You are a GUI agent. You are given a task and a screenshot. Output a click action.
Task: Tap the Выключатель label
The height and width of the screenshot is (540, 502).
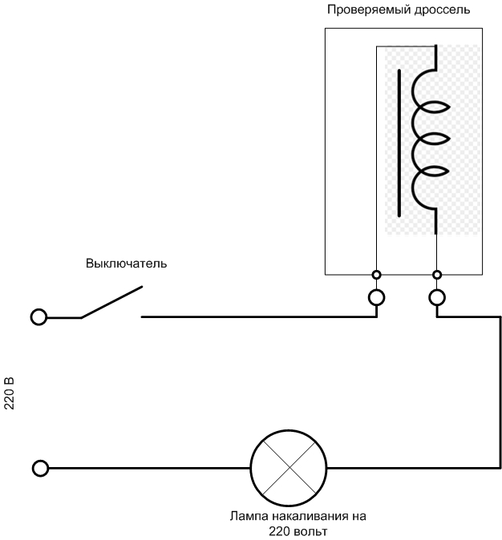127,264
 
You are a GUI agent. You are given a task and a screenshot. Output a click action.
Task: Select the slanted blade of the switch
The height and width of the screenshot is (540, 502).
111,302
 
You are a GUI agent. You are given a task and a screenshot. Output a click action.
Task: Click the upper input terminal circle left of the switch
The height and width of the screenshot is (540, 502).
38,317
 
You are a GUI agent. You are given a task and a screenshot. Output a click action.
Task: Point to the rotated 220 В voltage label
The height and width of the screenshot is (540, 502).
10,393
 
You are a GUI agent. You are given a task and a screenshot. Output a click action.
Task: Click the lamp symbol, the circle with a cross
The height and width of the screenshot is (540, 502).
289,468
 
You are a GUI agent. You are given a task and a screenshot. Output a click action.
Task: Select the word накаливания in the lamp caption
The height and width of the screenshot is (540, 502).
315,516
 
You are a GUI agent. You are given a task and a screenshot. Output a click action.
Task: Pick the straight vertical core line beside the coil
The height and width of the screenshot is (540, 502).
399,143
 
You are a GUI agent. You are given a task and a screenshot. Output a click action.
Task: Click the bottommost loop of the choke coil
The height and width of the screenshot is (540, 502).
425,193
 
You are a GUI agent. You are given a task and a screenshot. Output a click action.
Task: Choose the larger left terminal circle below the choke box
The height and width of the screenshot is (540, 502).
376,298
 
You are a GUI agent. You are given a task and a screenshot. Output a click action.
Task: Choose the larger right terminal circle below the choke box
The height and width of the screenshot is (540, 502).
437,298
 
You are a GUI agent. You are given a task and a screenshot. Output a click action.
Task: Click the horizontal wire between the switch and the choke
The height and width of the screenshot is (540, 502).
257,317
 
